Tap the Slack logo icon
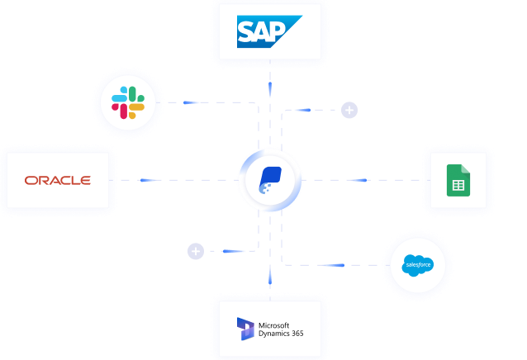tap(128, 102)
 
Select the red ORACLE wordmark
tap(58, 180)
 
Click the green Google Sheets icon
tap(458, 180)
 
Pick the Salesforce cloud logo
tap(417, 265)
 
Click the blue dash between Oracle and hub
tap(148, 180)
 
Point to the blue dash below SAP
tap(269, 84)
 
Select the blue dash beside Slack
tap(192, 102)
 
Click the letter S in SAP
tap(247, 32)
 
